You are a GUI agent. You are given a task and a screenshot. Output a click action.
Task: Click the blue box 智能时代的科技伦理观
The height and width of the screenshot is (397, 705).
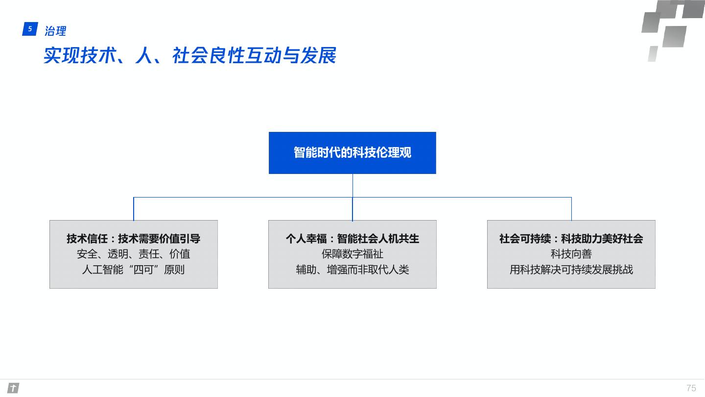(x=352, y=152)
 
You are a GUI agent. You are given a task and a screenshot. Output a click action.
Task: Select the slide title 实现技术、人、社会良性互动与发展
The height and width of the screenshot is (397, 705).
(x=189, y=56)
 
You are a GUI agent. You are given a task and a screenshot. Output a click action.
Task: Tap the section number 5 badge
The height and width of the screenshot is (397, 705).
(x=30, y=29)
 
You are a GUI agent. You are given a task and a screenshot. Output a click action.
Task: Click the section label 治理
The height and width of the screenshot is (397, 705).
(x=55, y=31)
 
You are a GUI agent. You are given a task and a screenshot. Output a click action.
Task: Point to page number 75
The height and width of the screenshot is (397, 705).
(x=691, y=388)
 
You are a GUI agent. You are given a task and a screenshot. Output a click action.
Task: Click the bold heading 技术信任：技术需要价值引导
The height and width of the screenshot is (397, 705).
(x=133, y=239)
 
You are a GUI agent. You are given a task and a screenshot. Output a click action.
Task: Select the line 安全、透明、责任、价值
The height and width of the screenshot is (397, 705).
(x=133, y=254)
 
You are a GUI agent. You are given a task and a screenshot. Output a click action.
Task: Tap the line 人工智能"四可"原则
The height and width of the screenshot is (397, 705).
(x=133, y=270)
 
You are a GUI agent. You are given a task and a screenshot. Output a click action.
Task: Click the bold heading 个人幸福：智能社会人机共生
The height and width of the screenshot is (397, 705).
(x=352, y=239)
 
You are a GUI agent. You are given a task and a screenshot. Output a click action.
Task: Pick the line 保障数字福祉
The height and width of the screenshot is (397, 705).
(x=352, y=254)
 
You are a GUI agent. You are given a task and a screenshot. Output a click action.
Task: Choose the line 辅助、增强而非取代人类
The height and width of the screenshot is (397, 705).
(x=352, y=270)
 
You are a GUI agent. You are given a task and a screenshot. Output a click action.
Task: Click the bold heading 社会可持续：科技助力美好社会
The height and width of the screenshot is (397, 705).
(x=571, y=239)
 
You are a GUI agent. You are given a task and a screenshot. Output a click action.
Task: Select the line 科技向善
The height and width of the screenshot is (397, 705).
(x=571, y=254)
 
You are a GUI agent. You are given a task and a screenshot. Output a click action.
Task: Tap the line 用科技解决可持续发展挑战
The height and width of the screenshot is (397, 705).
(x=571, y=270)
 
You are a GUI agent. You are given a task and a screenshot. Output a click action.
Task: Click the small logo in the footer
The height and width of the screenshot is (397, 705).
(x=13, y=388)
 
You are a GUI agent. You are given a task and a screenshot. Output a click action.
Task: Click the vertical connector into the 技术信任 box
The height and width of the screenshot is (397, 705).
(x=134, y=209)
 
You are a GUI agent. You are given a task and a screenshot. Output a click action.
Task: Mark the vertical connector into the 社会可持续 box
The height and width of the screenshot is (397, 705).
(x=571, y=209)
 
